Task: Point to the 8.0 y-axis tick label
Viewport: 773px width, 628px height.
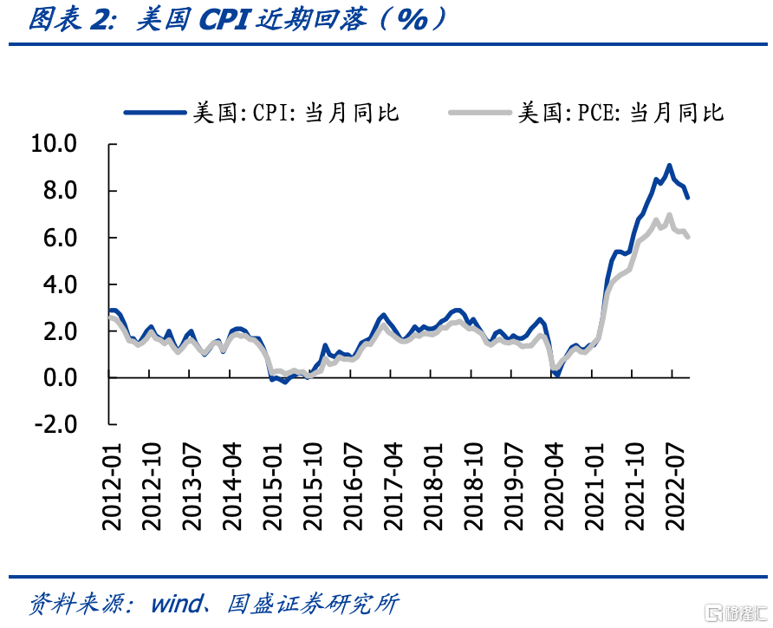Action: click(60, 191)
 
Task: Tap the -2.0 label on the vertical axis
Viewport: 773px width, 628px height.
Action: click(55, 424)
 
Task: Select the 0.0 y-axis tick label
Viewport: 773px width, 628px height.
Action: click(60, 378)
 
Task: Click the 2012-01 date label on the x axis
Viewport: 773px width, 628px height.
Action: click(112, 487)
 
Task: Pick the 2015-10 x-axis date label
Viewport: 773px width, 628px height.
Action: click(313, 487)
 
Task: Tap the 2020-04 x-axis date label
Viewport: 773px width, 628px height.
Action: click(555, 487)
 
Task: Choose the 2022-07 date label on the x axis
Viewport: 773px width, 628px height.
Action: click(675, 487)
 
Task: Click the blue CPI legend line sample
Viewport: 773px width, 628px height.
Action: click(155, 113)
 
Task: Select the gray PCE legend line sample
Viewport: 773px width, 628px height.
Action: click(480, 113)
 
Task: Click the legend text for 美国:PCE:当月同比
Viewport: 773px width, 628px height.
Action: click(621, 113)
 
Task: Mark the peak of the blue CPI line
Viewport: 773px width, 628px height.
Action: click(669, 166)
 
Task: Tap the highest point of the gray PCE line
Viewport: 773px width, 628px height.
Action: click(669, 214)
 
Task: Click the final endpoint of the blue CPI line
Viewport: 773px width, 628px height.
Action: click(687, 197)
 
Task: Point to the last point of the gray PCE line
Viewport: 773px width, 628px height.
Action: click(687, 237)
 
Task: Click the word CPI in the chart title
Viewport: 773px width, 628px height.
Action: click(224, 20)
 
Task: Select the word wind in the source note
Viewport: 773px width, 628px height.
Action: click(178, 604)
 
